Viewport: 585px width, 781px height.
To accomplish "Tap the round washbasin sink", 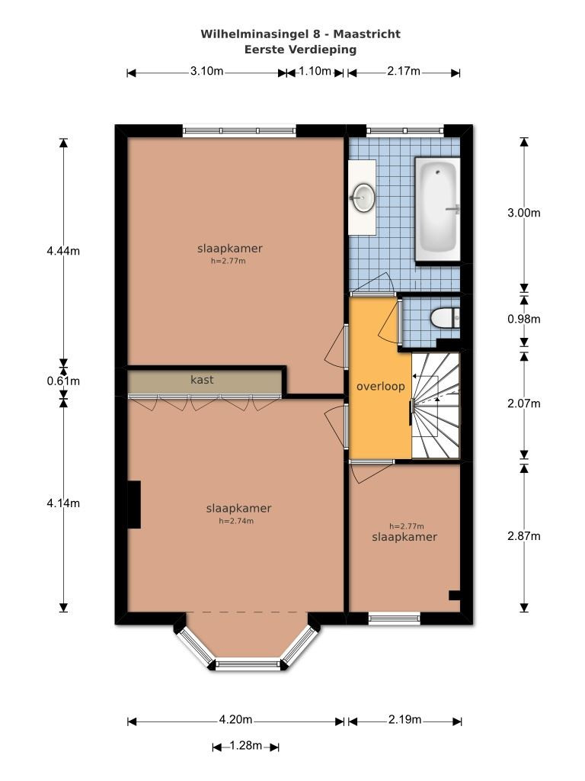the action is (363, 198).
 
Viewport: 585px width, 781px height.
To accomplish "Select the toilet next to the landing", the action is (444, 318).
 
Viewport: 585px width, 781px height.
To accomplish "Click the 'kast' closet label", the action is (202, 380).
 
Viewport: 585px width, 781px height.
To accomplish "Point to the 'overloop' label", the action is (381, 387).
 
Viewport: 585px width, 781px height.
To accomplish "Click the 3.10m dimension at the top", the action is (206, 71).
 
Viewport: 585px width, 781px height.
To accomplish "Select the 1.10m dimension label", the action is (315, 71).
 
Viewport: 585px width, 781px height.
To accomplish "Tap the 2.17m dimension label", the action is (404, 71).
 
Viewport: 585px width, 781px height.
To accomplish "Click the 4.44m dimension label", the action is (63, 251).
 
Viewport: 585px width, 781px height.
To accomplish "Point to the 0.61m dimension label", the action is (63, 381).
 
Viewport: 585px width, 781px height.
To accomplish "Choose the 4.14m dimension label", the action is (63, 503).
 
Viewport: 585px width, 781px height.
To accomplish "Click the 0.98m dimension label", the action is (524, 320).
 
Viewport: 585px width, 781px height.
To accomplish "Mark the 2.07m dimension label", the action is (524, 404).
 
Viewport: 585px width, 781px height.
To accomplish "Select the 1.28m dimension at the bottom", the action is (246, 746).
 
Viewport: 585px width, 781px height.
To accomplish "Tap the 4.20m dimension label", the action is (236, 720).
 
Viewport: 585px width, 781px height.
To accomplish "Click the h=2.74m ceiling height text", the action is (236, 522).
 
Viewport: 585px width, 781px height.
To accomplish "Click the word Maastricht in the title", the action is (366, 34).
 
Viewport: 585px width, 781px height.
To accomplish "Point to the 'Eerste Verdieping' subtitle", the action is (300, 50).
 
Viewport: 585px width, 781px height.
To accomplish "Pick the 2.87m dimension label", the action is (524, 536).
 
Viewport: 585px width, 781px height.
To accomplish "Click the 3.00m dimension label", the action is (524, 214).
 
